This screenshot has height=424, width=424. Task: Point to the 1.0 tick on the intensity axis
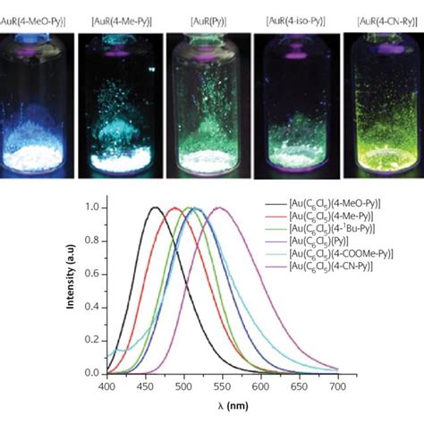(x=94, y=208)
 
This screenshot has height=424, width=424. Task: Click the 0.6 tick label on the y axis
(x=94, y=274)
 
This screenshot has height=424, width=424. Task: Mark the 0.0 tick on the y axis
(x=94, y=373)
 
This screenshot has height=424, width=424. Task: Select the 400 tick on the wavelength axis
(x=106, y=386)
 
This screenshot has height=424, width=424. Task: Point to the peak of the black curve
(x=155, y=208)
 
